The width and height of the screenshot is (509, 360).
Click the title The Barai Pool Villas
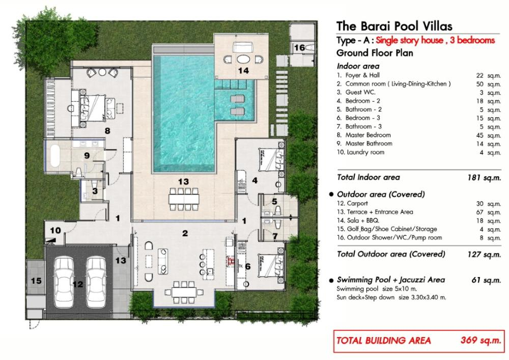(394, 26)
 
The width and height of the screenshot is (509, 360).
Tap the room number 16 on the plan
(299, 48)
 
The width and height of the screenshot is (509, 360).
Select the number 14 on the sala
(243, 70)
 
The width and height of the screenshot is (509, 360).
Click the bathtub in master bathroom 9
(55, 155)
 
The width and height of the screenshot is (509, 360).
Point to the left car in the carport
(63, 282)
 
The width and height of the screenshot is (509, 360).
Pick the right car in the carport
(96, 282)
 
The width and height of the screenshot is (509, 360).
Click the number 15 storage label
(36, 280)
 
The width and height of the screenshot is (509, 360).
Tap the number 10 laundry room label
(55, 231)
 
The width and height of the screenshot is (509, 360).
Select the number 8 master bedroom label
(107, 131)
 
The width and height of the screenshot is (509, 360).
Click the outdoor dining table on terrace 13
(184, 199)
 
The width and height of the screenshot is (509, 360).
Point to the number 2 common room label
(185, 233)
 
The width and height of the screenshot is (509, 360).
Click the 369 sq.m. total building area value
(481, 340)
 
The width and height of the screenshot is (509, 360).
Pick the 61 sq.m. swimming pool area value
(486, 280)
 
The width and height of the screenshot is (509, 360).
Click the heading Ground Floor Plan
(375, 53)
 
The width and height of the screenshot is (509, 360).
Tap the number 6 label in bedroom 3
(248, 266)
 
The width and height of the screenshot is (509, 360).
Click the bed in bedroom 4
(271, 159)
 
